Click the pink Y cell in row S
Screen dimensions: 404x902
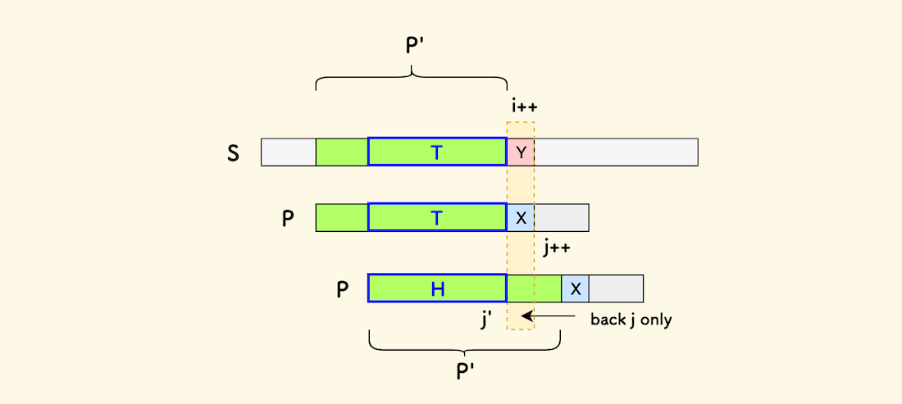coord(521,152)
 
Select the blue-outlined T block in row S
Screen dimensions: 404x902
coord(437,152)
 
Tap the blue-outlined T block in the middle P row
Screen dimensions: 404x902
coord(437,218)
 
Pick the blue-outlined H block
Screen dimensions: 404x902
coord(437,288)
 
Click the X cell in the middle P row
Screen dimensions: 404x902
coord(521,218)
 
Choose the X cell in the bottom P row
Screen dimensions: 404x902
coord(576,288)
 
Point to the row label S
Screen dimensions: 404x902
coord(234,152)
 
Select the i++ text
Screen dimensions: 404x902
coord(523,107)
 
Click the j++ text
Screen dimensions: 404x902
coord(557,247)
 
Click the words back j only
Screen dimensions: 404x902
coord(631,320)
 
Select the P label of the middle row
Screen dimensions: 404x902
coord(288,220)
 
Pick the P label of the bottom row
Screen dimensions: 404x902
coord(344,290)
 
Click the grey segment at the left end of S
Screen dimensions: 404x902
coord(289,152)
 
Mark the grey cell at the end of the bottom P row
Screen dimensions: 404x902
coord(616,288)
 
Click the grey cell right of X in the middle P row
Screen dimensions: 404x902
coord(562,218)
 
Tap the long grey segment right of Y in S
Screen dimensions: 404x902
coord(616,152)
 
